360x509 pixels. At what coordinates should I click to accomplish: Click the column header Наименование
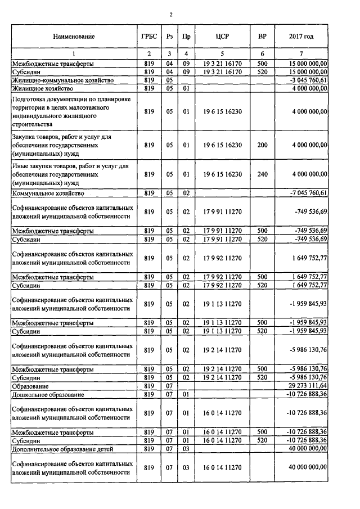[x=74, y=37]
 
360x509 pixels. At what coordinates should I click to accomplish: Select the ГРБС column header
[x=149, y=37]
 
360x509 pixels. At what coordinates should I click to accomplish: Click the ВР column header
[x=262, y=37]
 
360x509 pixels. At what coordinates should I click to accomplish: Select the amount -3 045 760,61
[x=308, y=80]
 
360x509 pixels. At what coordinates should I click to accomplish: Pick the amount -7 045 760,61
[x=308, y=193]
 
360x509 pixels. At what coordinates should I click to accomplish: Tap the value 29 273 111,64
[x=309, y=386]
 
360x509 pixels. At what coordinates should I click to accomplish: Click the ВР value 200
[x=262, y=145]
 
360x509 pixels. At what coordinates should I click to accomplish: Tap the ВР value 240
[x=262, y=175]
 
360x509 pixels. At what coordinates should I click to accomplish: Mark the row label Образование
[x=32, y=386]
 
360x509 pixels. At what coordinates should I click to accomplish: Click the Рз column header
[x=169, y=37]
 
